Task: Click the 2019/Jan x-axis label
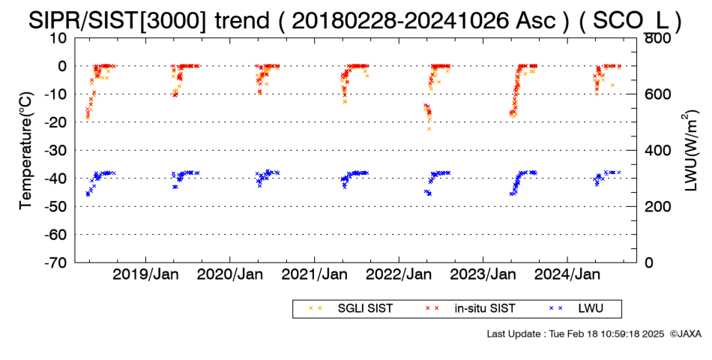145,274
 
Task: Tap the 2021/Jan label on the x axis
315,274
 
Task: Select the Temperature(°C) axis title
27,151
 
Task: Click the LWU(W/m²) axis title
689,151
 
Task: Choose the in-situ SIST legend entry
471,309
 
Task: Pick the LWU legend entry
576,309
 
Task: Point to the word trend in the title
242,21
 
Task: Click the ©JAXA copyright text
685,334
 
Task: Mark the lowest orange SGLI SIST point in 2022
429,129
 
